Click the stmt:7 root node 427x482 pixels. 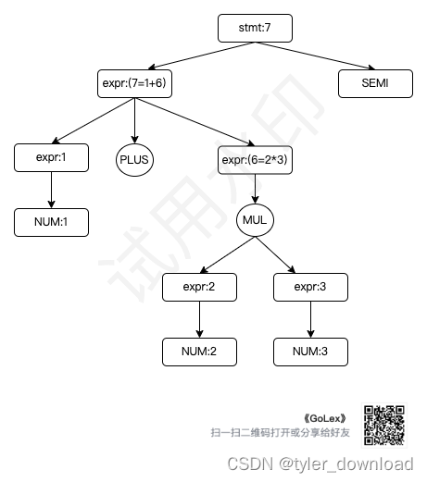click(255, 28)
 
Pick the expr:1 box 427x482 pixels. click(51, 158)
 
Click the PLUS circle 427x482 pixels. click(134, 159)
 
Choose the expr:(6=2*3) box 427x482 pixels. click(255, 158)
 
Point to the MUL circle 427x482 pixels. click(255, 222)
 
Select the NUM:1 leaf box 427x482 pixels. click(51, 222)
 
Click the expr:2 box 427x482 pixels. click(199, 287)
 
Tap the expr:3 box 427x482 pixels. click(310, 287)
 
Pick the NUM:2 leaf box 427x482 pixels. click(199, 352)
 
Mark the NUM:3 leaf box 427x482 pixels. click(310, 352)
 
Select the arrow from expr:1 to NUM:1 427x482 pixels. click(51, 190)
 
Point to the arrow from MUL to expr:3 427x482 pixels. click(283, 255)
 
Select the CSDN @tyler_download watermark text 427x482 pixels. click(320, 463)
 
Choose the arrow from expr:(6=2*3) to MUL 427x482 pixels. click(255, 190)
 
